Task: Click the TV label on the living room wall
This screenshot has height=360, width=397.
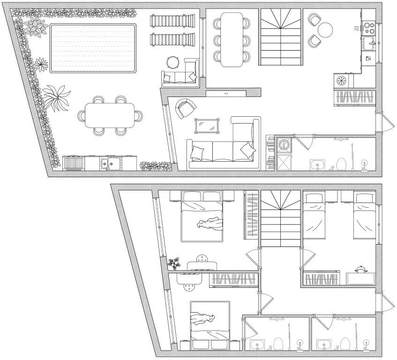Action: (x=226, y=94)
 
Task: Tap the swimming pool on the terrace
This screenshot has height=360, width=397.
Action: (x=93, y=48)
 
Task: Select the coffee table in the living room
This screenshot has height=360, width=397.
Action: (x=207, y=126)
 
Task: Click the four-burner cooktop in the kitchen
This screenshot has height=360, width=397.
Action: (x=369, y=28)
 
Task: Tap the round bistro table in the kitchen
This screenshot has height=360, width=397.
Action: (x=325, y=30)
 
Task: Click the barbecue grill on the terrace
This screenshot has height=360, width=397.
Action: (x=74, y=163)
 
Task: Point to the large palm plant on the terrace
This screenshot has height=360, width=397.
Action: (x=57, y=97)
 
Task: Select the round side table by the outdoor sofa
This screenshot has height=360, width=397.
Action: (x=173, y=63)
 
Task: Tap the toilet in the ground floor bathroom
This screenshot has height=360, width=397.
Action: (x=342, y=164)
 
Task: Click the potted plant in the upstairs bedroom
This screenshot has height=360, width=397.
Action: (x=175, y=263)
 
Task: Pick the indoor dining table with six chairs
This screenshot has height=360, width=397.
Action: (x=232, y=39)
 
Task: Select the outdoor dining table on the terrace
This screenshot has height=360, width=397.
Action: (x=110, y=115)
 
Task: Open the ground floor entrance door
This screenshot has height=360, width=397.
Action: (x=385, y=123)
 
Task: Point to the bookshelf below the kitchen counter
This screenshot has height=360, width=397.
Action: (x=354, y=97)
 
